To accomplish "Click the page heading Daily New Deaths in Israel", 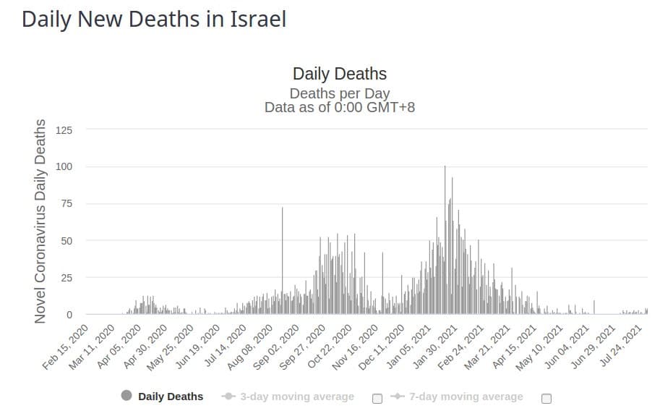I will click(x=154, y=20).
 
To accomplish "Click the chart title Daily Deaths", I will click(x=339, y=74).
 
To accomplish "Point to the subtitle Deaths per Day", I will click(x=339, y=93).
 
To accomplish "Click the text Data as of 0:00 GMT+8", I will click(x=339, y=107).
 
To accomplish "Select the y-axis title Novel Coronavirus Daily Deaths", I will click(x=40, y=221).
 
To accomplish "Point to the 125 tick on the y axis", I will click(x=64, y=130).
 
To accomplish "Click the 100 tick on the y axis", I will click(x=64, y=167).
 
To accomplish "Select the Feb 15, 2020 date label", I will click(x=67, y=347).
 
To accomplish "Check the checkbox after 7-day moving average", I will click(x=546, y=397).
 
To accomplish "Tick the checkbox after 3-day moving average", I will click(x=377, y=397).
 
